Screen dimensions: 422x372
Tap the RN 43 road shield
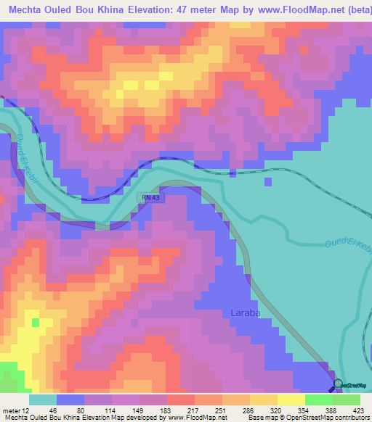[x=148, y=198]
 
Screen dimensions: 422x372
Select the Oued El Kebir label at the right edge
[x=348, y=245]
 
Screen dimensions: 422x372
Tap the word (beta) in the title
[x=350, y=9]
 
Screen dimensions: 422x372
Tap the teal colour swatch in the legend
[x=43, y=400]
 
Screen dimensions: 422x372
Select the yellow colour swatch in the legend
[x=291, y=400]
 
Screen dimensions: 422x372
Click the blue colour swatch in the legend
[x=70, y=400]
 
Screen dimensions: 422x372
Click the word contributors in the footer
[x=350, y=418]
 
